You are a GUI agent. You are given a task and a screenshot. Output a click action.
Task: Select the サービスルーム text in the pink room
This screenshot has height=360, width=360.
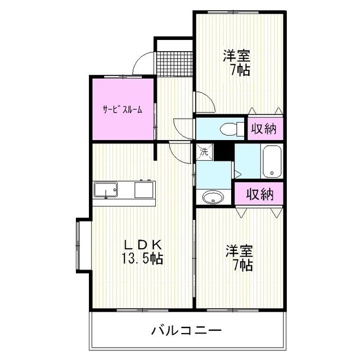tap(122, 110)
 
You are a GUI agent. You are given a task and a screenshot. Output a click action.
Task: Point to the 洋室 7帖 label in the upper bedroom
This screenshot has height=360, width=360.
tap(237, 63)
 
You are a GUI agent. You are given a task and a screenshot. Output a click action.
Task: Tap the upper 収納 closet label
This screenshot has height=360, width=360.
tap(263, 128)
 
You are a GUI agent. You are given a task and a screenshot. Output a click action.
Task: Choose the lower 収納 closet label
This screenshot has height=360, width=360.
tap(259, 194)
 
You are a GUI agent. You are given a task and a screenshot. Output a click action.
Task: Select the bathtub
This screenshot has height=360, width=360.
tap(271, 161)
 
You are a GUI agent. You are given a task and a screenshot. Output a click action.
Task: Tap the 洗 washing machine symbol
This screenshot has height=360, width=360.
tap(204, 151)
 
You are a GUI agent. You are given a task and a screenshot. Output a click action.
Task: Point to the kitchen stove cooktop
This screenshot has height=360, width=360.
tap(144, 190)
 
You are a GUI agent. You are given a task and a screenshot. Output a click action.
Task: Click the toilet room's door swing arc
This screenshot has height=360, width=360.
tap(183, 126)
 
